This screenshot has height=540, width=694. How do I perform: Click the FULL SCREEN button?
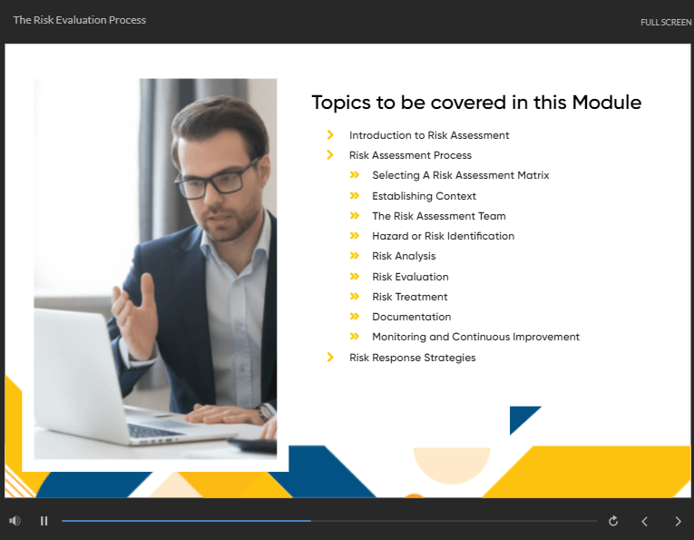(666, 22)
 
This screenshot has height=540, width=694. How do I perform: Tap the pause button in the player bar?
(44, 521)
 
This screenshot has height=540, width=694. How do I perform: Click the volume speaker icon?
(15, 521)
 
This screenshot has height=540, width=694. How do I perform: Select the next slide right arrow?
(678, 522)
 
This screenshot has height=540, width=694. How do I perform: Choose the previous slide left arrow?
(644, 522)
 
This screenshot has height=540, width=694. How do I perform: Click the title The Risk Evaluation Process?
(80, 20)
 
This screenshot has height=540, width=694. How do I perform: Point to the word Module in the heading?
(606, 103)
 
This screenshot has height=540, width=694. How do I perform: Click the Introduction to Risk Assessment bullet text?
(429, 135)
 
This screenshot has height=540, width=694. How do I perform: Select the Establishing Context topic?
(424, 196)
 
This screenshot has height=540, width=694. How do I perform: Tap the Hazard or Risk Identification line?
(443, 236)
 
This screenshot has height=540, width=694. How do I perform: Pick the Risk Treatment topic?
(410, 297)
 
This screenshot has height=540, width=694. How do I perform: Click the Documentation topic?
(412, 317)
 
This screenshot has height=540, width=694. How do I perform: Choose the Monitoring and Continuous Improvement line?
(475, 337)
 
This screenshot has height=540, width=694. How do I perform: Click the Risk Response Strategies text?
(413, 358)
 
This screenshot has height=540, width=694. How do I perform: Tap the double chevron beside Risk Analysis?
(355, 256)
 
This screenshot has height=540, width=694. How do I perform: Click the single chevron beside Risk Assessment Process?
(330, 155)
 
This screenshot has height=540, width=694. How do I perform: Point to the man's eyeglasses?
(216, 180)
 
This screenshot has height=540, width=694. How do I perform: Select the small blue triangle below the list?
(522, 417)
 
